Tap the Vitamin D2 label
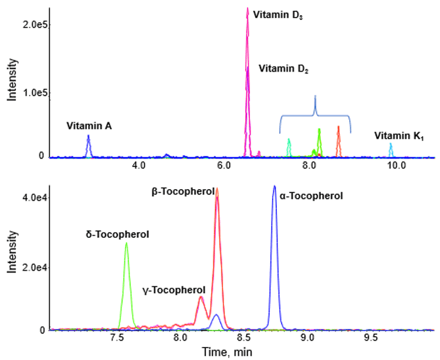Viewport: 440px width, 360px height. click(x=283, y=69)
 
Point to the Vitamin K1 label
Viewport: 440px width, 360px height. click(x=399, y=136)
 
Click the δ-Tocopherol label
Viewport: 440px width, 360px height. click(x=117, y=234)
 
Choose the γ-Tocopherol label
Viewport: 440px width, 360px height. click(x=174, y=290)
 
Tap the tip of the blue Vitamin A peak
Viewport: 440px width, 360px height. click(x=88, y=136)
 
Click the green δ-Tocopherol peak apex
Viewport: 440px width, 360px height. click(x=126, y=243)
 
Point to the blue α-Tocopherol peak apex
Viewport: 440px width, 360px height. click(x=274, y=186)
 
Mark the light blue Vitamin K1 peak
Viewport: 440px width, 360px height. click(x=391, y=144)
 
